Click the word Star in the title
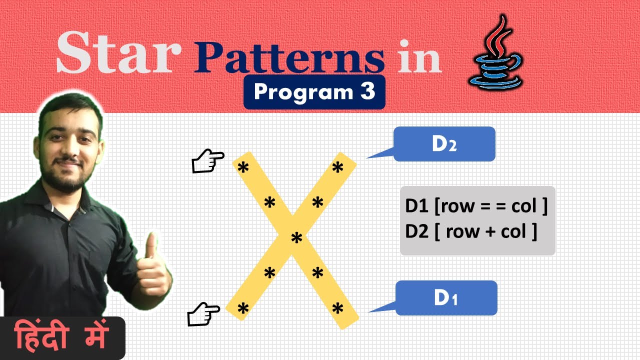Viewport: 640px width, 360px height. pyautogui.click(x=118, y=53)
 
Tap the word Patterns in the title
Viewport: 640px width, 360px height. pyautogui.click(x=290, y=58)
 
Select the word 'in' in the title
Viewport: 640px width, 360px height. pyautogui.click(x=419, y=58)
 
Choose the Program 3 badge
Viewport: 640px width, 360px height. pyautogui.click(x=314, y=92)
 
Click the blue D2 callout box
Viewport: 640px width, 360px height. pyautogui.click(x=444, y=144)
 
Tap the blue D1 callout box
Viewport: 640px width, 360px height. pyautogui.click(x=446, y=298)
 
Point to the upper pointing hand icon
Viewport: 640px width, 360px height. pyautogui.click(x=208, y=162)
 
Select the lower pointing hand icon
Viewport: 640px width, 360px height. pyautogui.click(x=203, y=313)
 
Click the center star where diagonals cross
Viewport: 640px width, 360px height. pyautogui.click(x=297, y=238)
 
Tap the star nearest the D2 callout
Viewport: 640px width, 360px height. pyautogui.click(x=338, y=168)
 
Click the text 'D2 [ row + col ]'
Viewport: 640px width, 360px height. pyautogui.click(x=471, y=231)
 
